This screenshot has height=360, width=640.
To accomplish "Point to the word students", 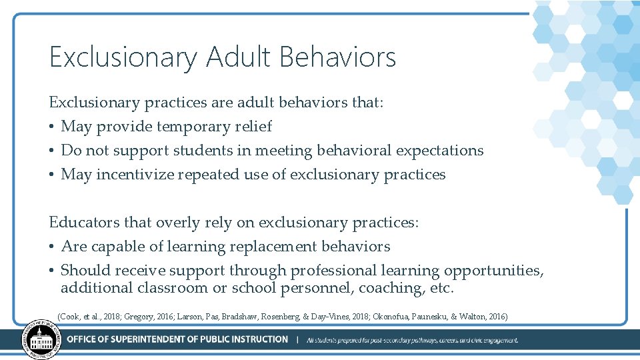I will click(x=205, y=151).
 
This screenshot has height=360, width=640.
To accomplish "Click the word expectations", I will click(x=439, y=151).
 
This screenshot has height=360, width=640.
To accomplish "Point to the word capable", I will click(x=118, y=247).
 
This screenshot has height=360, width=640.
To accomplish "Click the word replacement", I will click(x=274, y=247).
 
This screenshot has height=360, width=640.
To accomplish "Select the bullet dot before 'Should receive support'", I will click(x=52, y=271).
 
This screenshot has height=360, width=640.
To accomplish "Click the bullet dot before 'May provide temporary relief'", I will click(x=52, y=127).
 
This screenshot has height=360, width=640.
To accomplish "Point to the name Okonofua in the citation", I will click(x=406, y=316).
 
